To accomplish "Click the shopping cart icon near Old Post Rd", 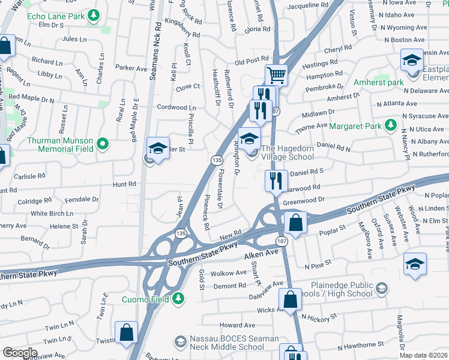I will click(x=277, y=75).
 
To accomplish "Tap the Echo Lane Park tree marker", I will click(x=93, y=16).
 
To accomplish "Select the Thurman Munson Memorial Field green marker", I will click(x=103, y=144).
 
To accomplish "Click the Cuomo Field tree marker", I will click(x=178, y=298).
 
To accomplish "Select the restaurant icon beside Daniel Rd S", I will click(x=276, y=180).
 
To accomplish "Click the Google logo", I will click(x=20, y=353).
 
